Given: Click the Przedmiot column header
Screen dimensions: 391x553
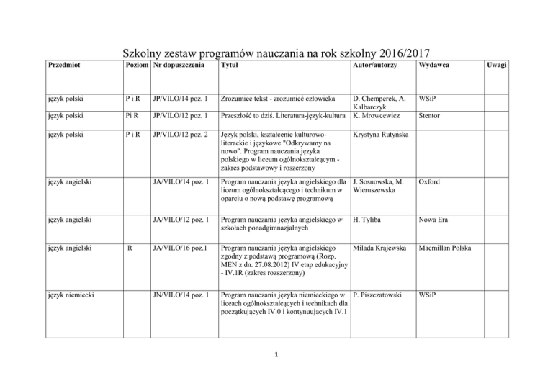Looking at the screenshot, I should point(63,65).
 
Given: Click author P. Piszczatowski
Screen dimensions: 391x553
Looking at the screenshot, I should point(384,295).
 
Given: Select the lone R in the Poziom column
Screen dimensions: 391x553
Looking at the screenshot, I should point(129,247).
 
